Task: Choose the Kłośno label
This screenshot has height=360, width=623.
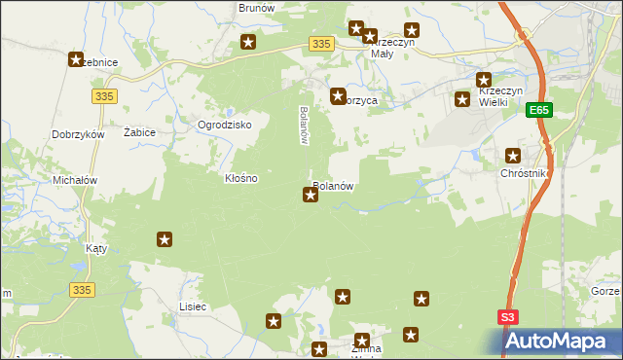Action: tap(241, 179)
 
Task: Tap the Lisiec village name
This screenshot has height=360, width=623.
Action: tap(193, 306)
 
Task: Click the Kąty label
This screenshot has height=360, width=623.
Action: tap(96, 248)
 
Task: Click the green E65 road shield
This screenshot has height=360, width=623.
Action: tap(541, 112)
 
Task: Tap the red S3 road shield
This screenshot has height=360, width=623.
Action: tap(509, 317)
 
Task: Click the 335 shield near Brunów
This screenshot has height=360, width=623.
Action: tap(323, 44)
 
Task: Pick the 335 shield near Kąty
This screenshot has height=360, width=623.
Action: tap(83, 289)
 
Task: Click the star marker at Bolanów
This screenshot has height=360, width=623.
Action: tap(311, 196)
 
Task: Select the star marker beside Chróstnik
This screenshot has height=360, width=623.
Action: tap(514, 155)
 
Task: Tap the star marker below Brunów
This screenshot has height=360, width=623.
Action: tap(249, 42)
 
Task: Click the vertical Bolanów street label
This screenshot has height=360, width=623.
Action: tap(304, 125)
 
